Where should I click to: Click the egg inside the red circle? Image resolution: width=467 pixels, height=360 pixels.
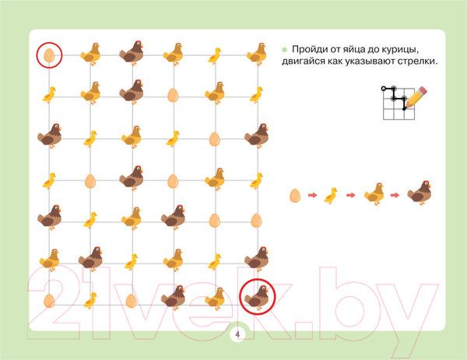(x=49, y=55)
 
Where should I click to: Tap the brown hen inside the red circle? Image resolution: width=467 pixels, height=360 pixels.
(x=257, y=296)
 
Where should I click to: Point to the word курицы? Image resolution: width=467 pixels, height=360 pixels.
(x=399, y=50)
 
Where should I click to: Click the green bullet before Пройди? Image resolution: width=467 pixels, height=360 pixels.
(x=284, y=50)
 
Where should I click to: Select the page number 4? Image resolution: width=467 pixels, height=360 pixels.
(x=237, y=334)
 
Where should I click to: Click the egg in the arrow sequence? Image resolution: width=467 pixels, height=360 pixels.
(x=295, y=196)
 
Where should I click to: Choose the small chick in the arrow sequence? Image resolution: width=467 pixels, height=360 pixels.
(x=331, y=195)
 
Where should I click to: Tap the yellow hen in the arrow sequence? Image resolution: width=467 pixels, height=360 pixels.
(x=374, y=194)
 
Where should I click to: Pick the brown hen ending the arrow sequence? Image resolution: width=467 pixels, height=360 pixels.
(x=419, y=193)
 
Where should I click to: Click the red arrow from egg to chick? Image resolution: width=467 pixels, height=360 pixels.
(x=312, y=195)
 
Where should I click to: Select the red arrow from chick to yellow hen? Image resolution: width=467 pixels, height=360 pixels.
(x=351, y=195)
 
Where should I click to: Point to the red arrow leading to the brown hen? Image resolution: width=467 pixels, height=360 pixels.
(x=395, y=195)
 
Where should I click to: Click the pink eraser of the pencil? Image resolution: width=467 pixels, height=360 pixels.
(x=423, y=91)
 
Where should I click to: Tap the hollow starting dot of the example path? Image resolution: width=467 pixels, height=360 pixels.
(x=384, y=89)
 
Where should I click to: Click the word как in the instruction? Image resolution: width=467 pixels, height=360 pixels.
(x=335, y=62)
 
